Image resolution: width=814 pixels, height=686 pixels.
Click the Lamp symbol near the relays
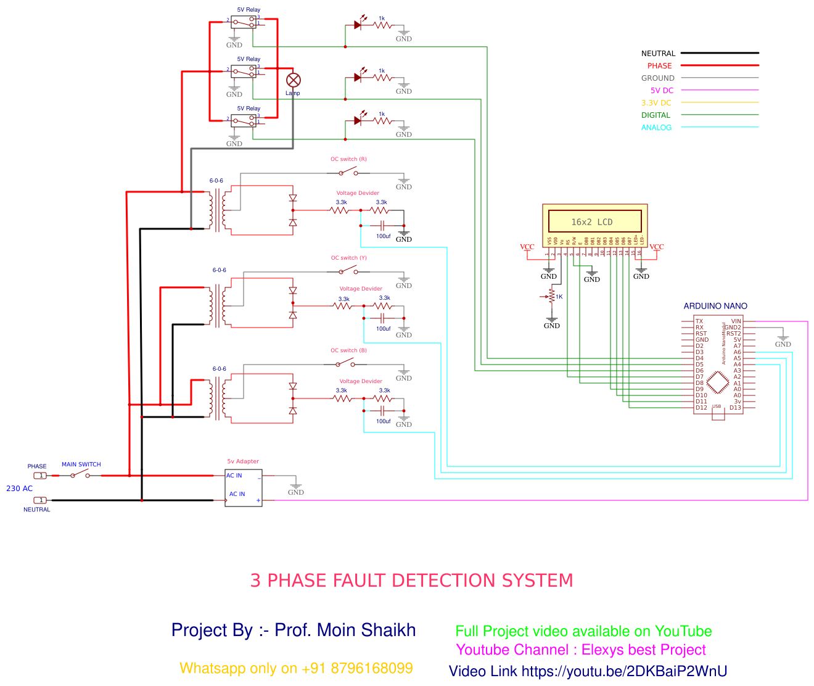click(294, 80)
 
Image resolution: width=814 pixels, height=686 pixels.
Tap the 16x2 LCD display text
click(592, 222)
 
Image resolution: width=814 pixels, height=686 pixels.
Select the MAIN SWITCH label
click(81, 465)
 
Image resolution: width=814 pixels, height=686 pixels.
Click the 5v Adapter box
click(244, 488)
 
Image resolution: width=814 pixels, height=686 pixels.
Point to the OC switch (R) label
click(348, 159)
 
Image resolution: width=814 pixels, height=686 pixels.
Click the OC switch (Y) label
click(348, 258)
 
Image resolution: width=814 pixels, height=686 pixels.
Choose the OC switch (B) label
click(348, 350)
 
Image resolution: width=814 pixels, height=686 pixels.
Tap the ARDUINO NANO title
click(715, 306)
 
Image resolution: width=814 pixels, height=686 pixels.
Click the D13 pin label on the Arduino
click(735, 408)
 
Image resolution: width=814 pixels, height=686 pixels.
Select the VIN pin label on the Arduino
click(736, 321)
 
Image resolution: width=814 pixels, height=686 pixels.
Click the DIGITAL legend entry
click(656, 115)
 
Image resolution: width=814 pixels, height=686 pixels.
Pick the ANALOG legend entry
click(656, 128)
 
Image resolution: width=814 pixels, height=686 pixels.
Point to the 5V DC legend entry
click(662, 91)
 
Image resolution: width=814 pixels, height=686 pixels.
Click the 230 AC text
click(19, 489)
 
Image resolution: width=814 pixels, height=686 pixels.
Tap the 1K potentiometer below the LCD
click(552, 297)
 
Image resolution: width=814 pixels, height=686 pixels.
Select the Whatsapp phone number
click(372, 669)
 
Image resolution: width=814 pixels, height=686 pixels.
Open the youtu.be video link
click(624, 672)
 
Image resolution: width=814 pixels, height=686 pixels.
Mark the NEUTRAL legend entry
click(658, 54)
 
